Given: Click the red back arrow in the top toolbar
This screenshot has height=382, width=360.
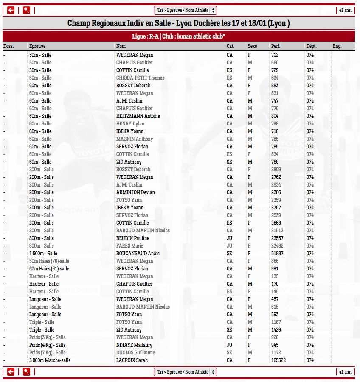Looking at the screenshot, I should [x=11, y=10].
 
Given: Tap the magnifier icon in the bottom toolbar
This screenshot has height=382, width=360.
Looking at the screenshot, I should [x=26, y=372].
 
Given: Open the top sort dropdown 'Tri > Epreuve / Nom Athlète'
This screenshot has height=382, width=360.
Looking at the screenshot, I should [x=185, y=10].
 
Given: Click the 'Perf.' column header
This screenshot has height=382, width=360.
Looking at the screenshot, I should [x=276, y=46].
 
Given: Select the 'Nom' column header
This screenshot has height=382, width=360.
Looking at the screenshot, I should [x=121, y=46].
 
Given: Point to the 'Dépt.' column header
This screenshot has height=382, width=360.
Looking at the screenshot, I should [x=311, y=46].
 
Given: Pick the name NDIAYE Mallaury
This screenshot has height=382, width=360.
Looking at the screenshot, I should [x=134, y=345].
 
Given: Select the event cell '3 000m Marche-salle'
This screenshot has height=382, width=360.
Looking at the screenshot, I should [x=50, y=360].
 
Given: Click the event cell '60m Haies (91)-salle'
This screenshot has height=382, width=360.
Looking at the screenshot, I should [x=49, y=269].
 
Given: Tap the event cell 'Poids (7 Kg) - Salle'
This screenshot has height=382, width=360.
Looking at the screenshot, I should [x=48, y=353].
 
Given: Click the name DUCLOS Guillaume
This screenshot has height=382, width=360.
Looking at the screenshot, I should [x=135, y=353].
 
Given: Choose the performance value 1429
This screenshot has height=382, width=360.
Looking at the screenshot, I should [x=276, y=330].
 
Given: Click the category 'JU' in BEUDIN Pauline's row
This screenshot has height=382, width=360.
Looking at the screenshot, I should [x=229, y=238].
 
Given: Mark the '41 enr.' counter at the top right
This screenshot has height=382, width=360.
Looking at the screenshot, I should [x=345, y=10].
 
